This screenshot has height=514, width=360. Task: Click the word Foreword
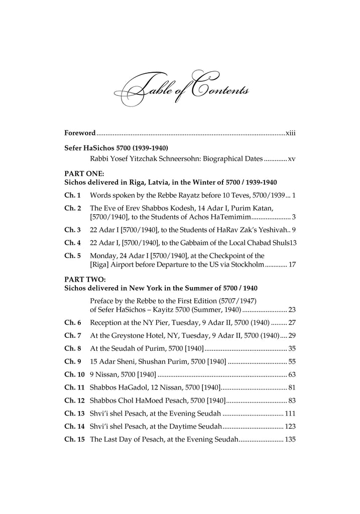pyautogui.click(x=80, y=133)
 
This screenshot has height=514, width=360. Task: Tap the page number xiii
pyautogui.click(x=290, y=133)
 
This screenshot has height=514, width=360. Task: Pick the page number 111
pyautogui.click(x=290, y=414)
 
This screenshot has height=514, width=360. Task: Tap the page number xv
pyautogui.click(x=292, y=159)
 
